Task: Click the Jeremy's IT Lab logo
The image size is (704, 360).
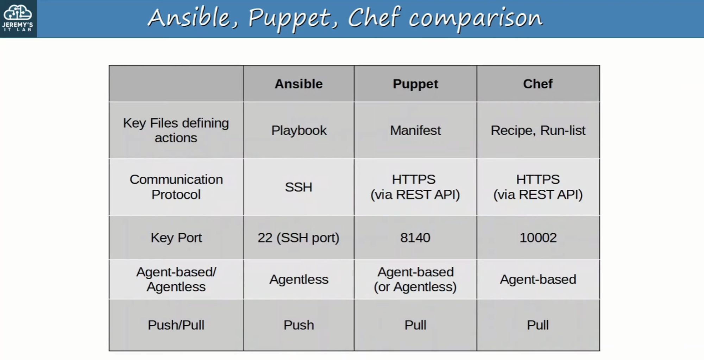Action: point(18,18)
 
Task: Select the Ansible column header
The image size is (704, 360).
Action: point(298,84)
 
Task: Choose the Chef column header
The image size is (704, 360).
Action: point(538,84)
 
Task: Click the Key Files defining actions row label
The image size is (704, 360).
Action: point(176,130)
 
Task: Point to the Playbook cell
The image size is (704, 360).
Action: point(299,131)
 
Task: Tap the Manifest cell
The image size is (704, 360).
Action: point(415,131)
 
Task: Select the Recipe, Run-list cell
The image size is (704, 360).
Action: point(538,131)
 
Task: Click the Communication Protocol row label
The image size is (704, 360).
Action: point(176,187)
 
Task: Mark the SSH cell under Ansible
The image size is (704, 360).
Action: point(298,187)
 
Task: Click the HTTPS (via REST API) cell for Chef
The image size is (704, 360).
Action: point(538,187)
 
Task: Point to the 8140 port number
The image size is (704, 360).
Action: point(415,238)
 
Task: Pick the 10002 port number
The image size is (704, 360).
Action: point(538,238)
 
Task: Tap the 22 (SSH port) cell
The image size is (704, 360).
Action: point(298,238)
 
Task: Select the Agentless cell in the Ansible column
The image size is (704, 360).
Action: point(299,279)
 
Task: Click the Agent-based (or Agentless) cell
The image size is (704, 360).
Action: point(415,279)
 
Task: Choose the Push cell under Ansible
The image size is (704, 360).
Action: point(298,325)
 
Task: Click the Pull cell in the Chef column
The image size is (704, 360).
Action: point(538,325)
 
